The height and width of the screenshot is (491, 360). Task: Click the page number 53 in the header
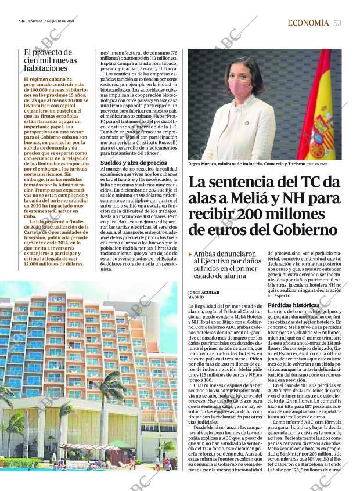[337, 23]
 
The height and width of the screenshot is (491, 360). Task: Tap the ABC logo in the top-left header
[21, 23]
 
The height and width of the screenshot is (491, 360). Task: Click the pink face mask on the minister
[240, 88]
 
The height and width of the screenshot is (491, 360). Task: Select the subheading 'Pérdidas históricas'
[285, 305]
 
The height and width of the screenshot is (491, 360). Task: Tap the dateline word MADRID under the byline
[196, 297]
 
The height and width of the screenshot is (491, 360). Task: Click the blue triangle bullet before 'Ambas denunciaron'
[190, 254]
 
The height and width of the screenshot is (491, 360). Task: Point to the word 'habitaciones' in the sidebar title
[46, 68]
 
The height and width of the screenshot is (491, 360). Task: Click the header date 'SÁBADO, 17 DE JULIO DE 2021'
[55, 23]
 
